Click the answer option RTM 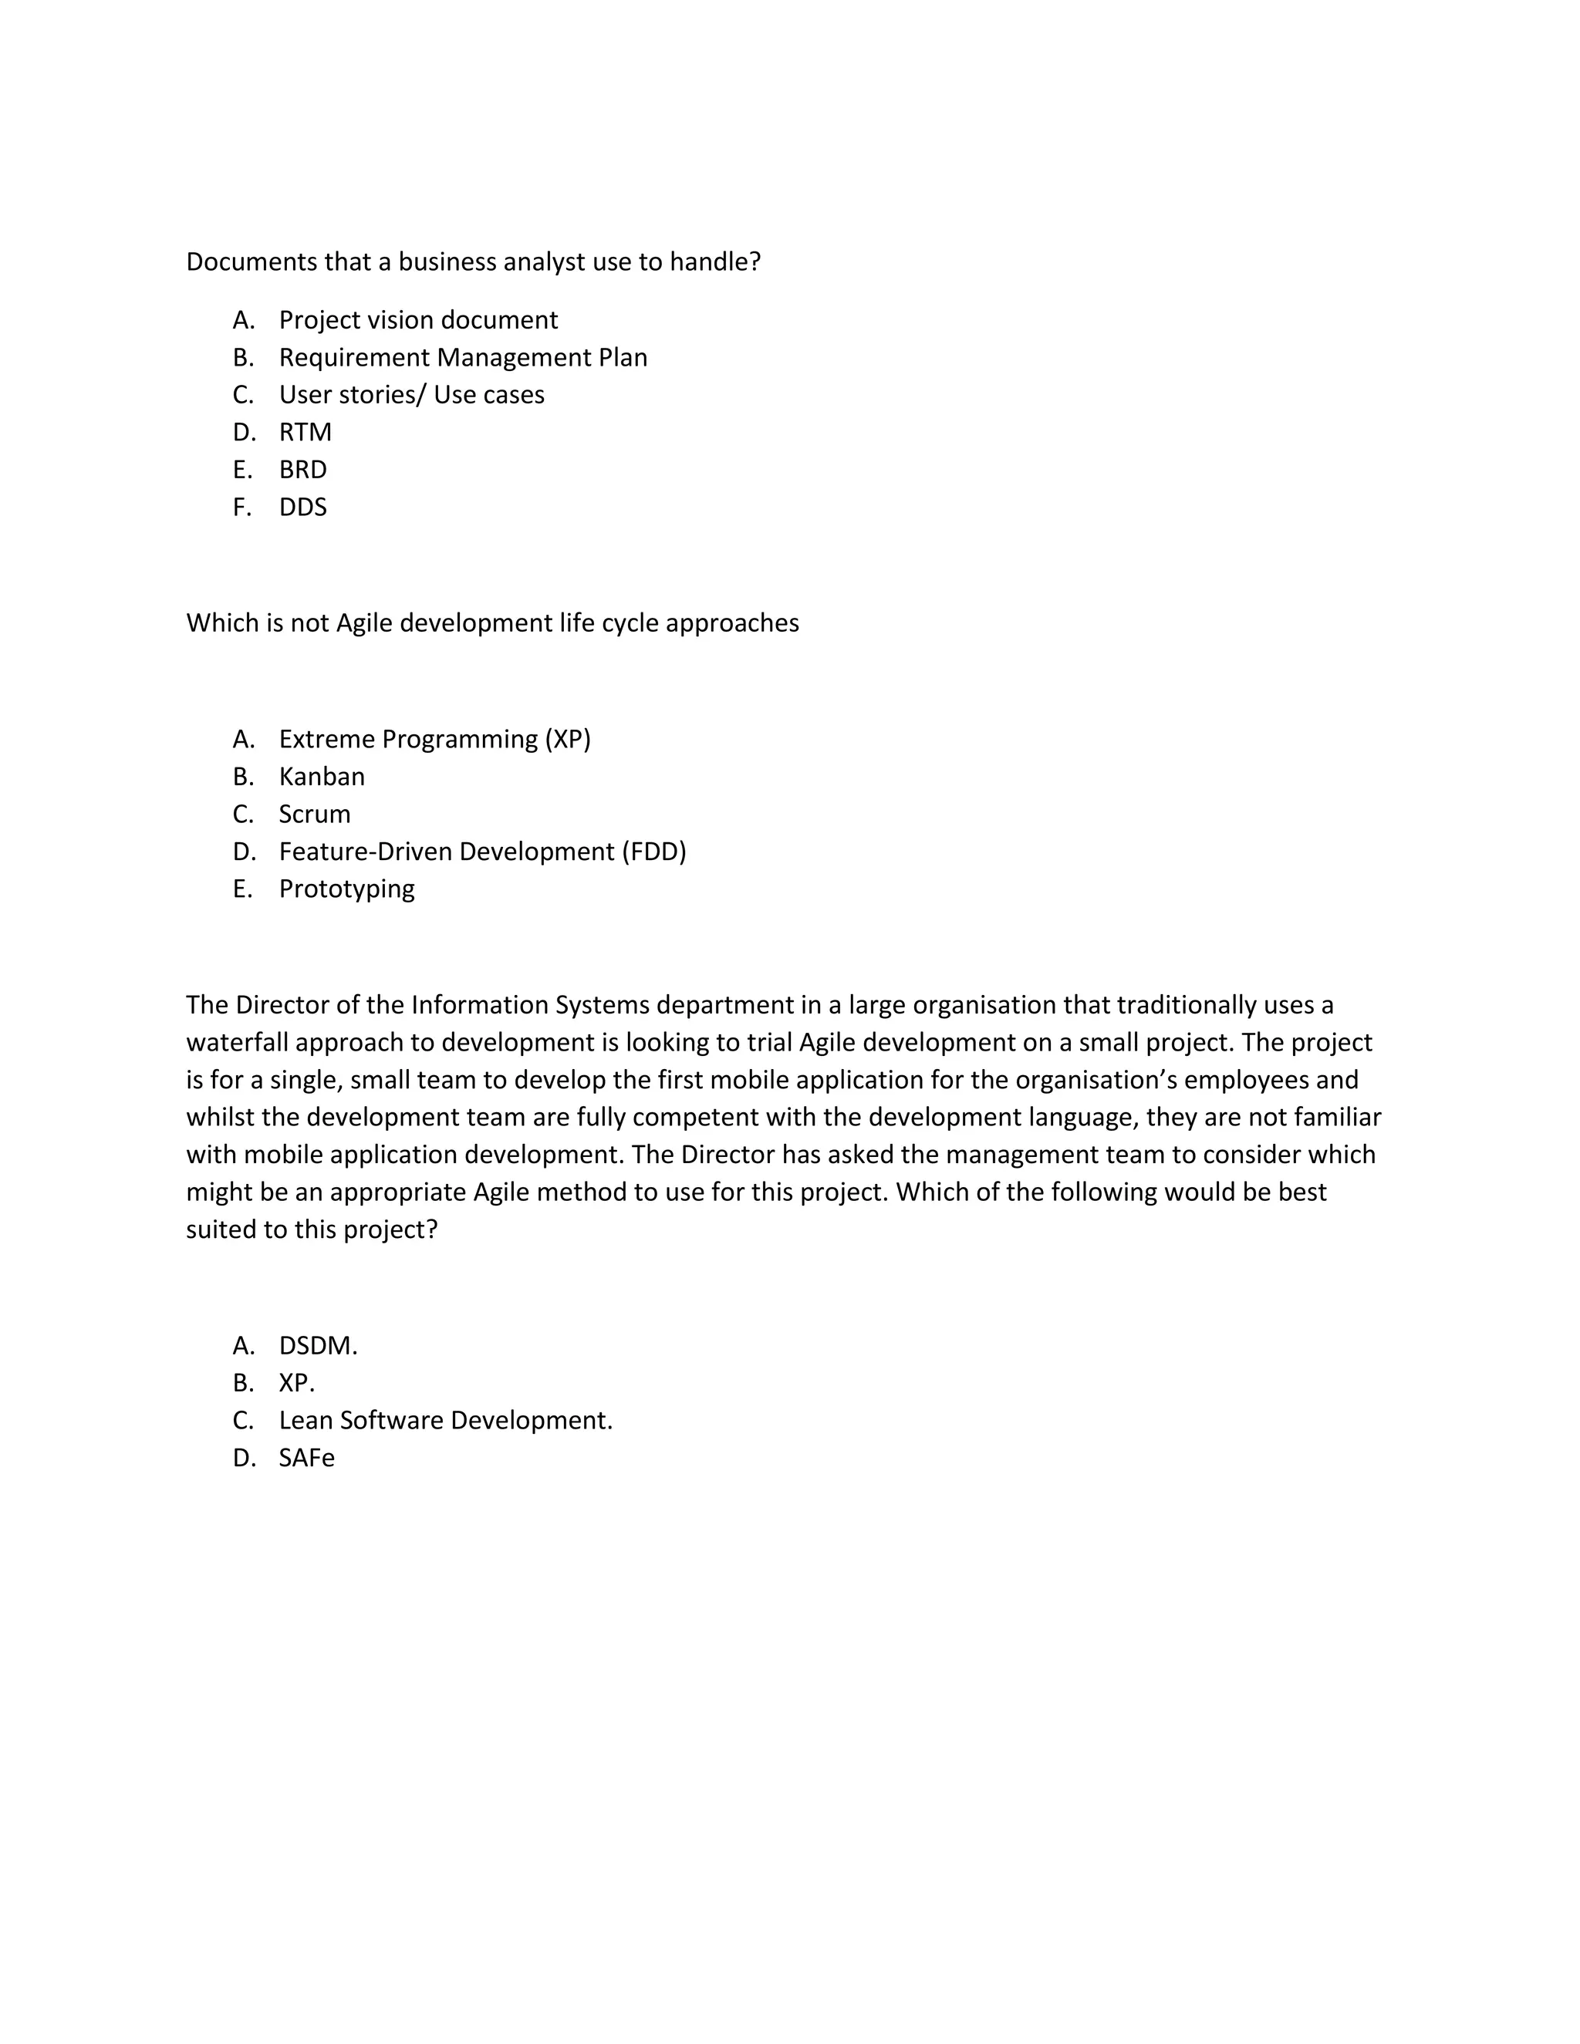click(306, 433)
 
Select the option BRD click(302, 470)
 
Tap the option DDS click(302, 508)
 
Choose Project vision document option click(417, 320)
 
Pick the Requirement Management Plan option click(462, 358)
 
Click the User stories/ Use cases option click(411, 395)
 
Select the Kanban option click(321, 777)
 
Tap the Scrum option click(315, 815)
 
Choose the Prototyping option click(346, 889)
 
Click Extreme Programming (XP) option click(434, 740)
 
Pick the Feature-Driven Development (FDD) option click(482, 852)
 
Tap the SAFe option click(306, 1458)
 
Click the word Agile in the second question click(364, 623)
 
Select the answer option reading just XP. click(295, 1383)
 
